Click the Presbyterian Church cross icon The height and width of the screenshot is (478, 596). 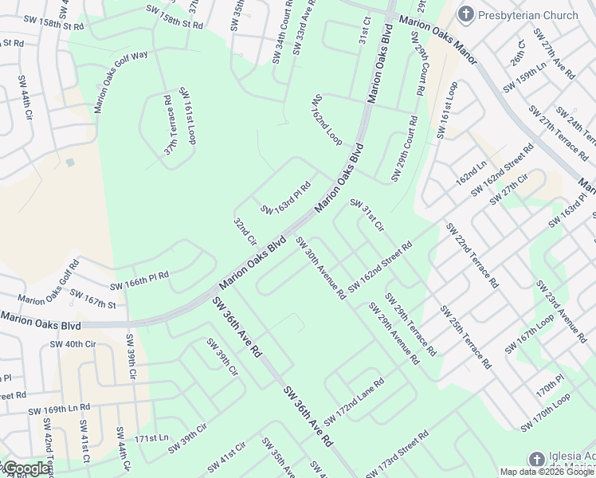coord(466,14)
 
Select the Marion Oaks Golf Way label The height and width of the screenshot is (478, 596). coord(121,80)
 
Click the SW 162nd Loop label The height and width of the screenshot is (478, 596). coord(327,119)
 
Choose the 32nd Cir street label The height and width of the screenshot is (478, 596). coord(245,231)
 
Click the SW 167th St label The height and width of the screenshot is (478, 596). coord(92,298)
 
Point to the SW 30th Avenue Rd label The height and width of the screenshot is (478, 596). coord(320,268)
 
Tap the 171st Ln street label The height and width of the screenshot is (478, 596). coord(151,438)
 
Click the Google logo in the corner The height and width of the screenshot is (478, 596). coord(25,468)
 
